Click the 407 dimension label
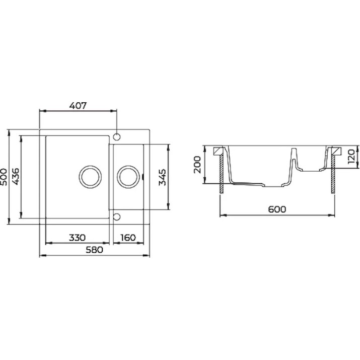[x=78, y=106]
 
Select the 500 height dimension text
[x=4, y=177]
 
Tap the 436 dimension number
[x=16, y=177]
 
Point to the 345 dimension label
[x=162, y=177]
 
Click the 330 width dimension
[x=78, y=238]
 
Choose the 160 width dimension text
[x=128, y=238]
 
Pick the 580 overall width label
[x=94, y=250]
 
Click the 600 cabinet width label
[x=277, y=209]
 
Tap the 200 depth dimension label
[x=197, y=165]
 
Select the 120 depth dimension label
[x=351, y=157]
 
